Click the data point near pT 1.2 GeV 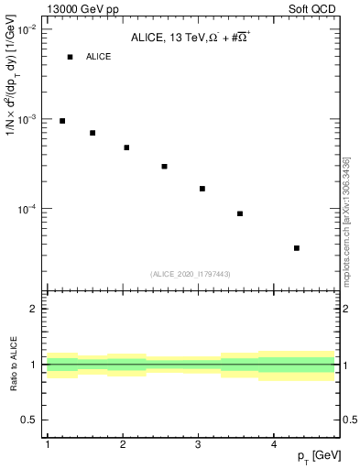[62, 121]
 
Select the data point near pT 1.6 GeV [93, 133]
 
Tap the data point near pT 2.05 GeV [126, 147]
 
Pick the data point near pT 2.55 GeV [164, 167]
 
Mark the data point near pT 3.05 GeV [202, 189]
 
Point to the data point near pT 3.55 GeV [240, 213]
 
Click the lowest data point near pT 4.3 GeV [297, 248]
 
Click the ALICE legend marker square [70, 57]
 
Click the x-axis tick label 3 [199, 444]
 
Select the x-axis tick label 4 [274, 444]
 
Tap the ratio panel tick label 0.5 [30, 420]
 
